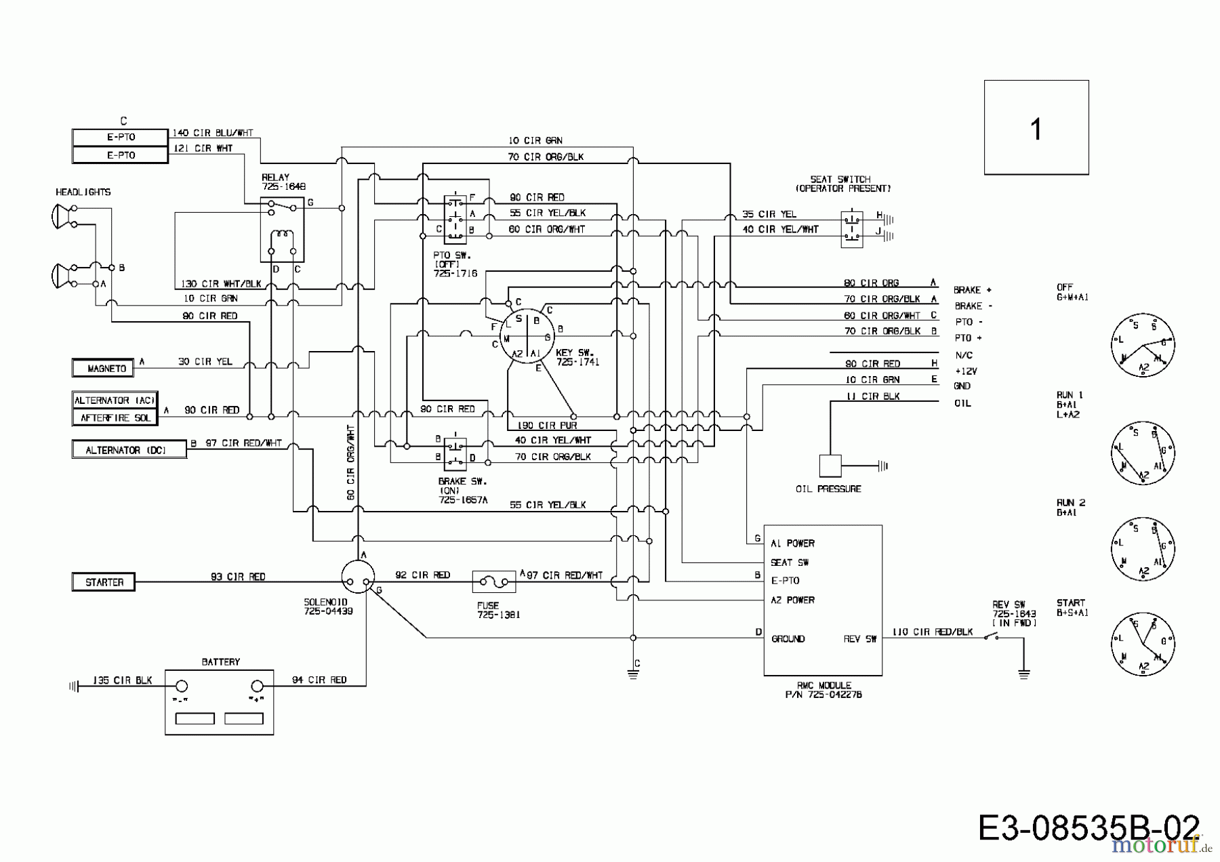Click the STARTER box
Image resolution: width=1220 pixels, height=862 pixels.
click(x=104, y=582)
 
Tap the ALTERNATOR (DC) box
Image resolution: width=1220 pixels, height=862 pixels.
click(x=129, y=450)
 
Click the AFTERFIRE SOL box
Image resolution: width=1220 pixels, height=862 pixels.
click(x=115, y=417)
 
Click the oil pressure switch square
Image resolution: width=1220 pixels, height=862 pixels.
click(x=830, y=466)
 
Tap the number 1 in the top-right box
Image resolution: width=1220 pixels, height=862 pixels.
click(x=1036, y=129)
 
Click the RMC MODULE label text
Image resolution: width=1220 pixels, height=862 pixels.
click(x=823, y=685)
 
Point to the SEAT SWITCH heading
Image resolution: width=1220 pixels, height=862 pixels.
click(x=840, y=180)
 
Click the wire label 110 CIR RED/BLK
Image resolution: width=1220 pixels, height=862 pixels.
click(x=932, y=632)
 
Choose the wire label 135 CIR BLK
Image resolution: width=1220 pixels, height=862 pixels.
click(x=122, y=680)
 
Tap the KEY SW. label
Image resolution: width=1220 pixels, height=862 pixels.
click(x=575, y=353)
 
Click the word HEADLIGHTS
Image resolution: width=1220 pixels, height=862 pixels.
click(x=83, y=192)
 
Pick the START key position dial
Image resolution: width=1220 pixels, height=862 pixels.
click(x=1143, y=644)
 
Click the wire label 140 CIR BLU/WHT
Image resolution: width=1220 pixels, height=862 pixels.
click(x=212, y=134)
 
